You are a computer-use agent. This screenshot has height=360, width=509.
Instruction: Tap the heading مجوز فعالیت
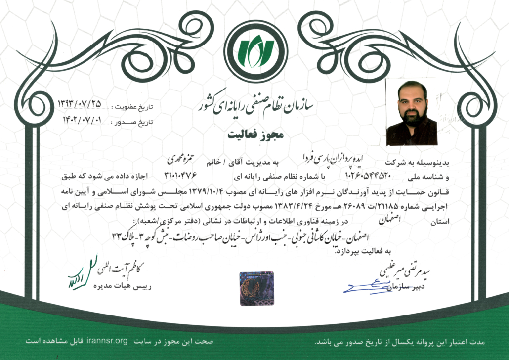254,134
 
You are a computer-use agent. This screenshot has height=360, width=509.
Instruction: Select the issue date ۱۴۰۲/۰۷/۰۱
82,120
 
